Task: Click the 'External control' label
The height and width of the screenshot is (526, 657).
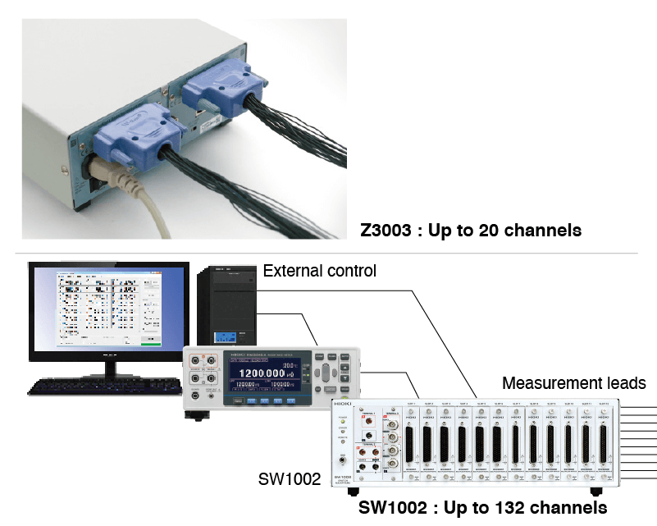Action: (x=319, y=270)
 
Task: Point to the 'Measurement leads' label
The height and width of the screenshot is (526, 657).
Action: (x=573, y=383)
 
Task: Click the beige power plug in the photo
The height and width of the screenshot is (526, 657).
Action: (x=107, y=171)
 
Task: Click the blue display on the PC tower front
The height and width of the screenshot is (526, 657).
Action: (x=226, y=336)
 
